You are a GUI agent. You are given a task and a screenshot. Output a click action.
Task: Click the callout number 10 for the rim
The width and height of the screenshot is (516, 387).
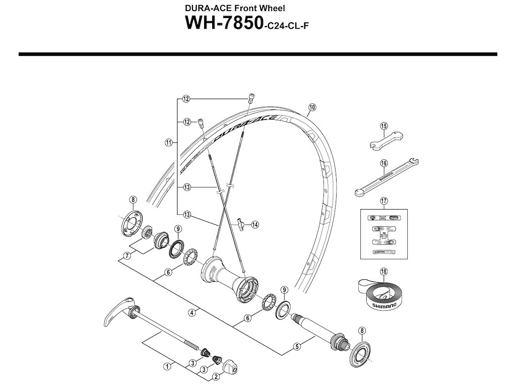click(312, 107)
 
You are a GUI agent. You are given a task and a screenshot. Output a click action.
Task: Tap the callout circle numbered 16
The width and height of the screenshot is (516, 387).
click(384, 163)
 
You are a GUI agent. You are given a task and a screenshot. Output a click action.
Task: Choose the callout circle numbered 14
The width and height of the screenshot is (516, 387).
click(254, 224)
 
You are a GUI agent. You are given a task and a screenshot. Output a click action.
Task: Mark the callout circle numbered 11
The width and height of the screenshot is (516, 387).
click(168, 143)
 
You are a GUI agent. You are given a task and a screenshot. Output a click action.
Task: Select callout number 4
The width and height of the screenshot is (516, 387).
click(192, 312)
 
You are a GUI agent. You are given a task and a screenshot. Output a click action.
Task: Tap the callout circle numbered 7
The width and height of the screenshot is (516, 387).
click(127, 256)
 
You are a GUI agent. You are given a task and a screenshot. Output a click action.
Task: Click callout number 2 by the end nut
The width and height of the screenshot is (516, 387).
click(215, 376)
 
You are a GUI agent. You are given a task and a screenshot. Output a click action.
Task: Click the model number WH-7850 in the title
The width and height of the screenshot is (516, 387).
click(223, 23)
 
